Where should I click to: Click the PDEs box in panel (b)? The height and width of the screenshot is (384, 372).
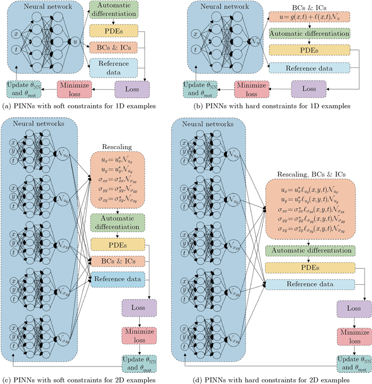point(309,51)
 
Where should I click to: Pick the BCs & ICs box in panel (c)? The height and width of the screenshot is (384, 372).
point(119,261)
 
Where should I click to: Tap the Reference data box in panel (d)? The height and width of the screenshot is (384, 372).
point(309,285)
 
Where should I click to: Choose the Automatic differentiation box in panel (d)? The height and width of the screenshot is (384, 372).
point(309,250)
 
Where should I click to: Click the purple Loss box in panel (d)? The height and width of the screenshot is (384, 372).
point(351,308)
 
